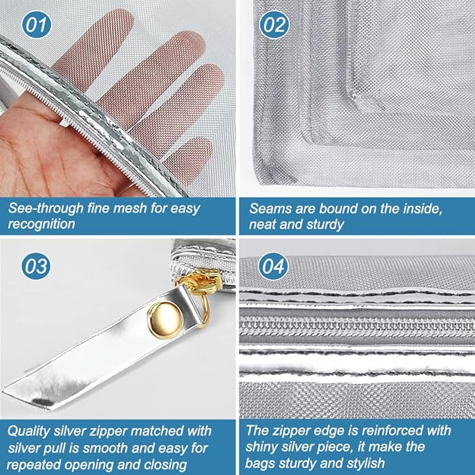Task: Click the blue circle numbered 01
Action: tap(36, 24)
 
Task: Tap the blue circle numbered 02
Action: tap(274, 24)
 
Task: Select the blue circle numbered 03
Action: tap(36, 266)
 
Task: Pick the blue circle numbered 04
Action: tap(273, 266)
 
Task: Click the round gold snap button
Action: tap(165, 320)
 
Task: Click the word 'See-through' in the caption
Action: tap(45, 208)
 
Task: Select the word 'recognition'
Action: tap(41, 224)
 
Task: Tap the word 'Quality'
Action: tap(29, 431)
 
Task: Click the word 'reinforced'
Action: tap(396, 430)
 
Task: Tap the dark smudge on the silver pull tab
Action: tap(43, 402)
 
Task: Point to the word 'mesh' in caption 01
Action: tap(132, 208)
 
